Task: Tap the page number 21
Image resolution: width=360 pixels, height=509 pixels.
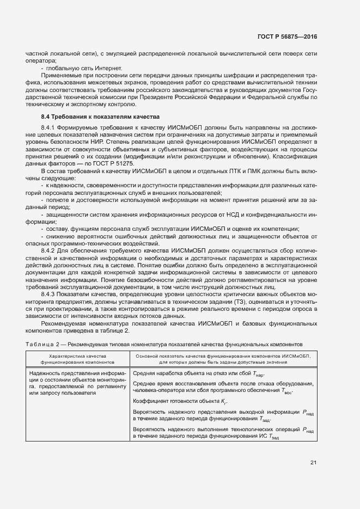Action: (313, 463)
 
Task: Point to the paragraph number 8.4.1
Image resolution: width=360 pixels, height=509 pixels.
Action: (50, 126)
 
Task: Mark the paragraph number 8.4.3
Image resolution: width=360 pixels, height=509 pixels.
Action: (50, 294)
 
